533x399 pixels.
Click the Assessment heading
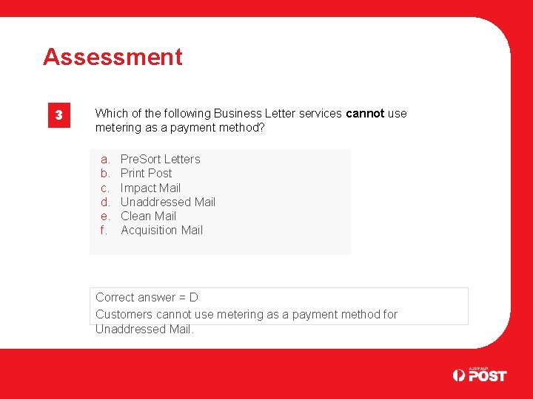click(x=113, y=57)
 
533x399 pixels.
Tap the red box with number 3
click(x=60, y=116)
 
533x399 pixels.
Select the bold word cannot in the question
click(x=365, y=114)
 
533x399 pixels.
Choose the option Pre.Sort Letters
click(x=160, y=159)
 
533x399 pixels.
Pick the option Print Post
click(x=146, y=173)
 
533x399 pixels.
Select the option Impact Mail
click(x=150, y=188)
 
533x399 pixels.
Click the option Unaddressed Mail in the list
click(x=168, y=202)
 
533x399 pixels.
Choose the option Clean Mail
click(x=148, y=216)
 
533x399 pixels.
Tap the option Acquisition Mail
click(x=161, y=230)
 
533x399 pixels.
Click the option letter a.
click(x=105, y=159)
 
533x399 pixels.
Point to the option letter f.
click(x=104, y=230)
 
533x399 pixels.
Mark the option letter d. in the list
click(x=105, y=202)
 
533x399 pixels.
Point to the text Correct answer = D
click(x=147, y=298)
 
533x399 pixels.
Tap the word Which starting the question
click(x=111, y=114)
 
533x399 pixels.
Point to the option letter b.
click(x=105, y=173)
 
